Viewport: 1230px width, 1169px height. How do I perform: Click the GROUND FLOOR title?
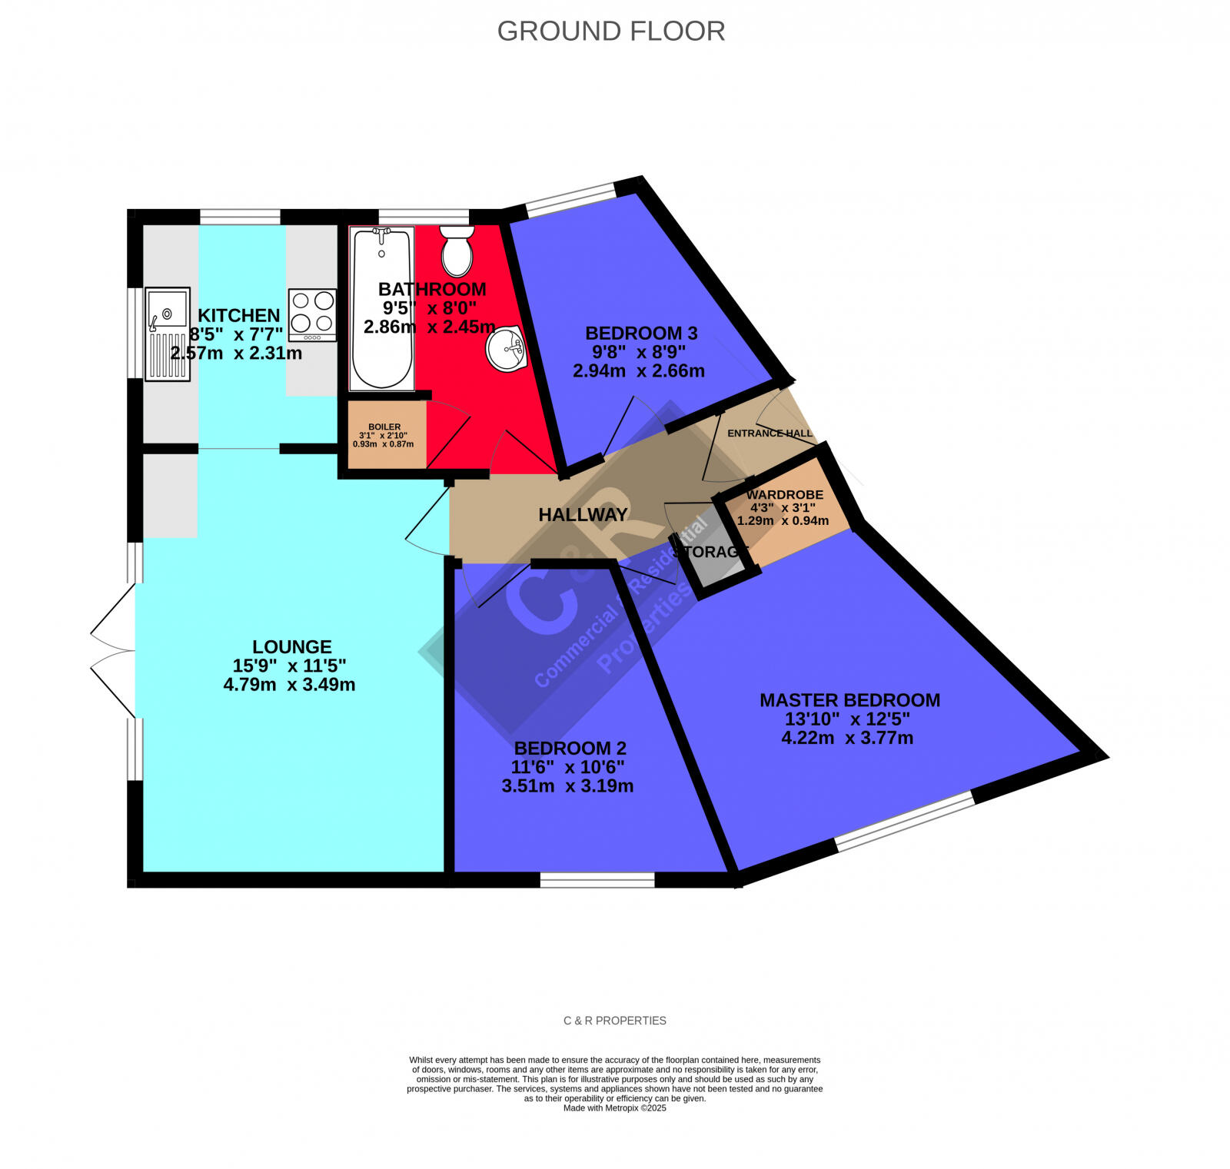(610, 31)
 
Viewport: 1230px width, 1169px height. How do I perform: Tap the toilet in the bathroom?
(457, 251)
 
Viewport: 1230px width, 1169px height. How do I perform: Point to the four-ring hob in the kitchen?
(313, 314)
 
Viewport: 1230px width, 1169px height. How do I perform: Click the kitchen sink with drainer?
(168, 334)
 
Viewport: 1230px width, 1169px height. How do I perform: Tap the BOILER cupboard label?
(384, 427)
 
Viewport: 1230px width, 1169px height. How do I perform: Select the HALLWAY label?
(583, 515)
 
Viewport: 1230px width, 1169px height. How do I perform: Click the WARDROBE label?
(784, 495)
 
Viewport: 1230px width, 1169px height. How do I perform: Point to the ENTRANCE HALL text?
(770, 433)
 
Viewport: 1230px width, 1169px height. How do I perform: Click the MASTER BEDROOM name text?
(849, 700)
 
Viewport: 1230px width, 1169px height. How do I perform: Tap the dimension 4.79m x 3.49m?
(289, 684)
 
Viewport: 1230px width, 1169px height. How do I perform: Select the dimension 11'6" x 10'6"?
(567, 766)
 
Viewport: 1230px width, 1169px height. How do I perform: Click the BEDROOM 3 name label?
(641, 333)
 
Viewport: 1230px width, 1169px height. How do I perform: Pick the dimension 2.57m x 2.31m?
(236, 354)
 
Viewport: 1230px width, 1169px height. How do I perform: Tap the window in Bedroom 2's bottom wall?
(597, 880)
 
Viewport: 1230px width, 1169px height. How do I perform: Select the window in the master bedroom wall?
(905, 823)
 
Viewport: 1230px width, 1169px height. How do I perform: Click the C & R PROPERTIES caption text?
(614, 1021)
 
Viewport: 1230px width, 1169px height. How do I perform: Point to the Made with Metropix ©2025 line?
(614, 1108)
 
